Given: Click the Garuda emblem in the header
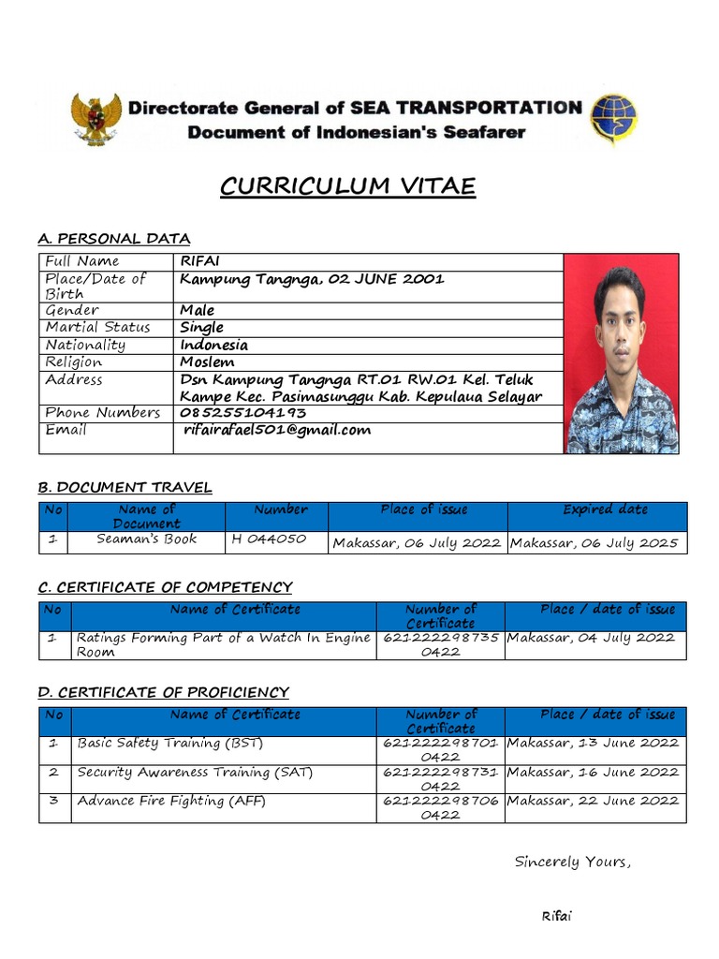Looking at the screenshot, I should pyautogui.click(x=96, y=119).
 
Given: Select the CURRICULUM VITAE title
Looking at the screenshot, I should pyautogui.click(x=347, y=187).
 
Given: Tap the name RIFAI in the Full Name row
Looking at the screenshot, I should pyautogui.click(x=198, y=261).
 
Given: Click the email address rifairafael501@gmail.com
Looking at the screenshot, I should pyautogui.click(x=277, y=430).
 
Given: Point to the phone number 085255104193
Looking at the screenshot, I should pyautogui.click(x=242, y=412).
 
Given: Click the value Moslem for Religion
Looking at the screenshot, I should pyautogui.click(x=207, y=361).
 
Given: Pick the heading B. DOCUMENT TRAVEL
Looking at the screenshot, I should pyautogui.click(x=125, y=487).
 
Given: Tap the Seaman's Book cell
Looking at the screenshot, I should pyautogui.click(x=146, y=539).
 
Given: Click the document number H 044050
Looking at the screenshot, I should pyautogui.click(x=268, y=539).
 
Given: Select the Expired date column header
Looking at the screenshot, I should pyautogui.click(x=605, y=509).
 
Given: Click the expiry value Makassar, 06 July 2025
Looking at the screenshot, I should pyautogui.click(x=594, y=543).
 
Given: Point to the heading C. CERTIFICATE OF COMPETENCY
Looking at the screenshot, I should pyautogui.click(x=165, y=587).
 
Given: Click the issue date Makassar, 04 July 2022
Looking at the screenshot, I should pyautogui.click(x=590, y=638).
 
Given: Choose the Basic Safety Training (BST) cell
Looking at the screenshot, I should pyautogui.click(x=170, y=744).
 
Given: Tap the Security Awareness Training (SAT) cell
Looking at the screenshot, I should pyautogui.click(x=195, y=773).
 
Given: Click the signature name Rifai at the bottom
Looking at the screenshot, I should pyautogui.click(x=556, y=916).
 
